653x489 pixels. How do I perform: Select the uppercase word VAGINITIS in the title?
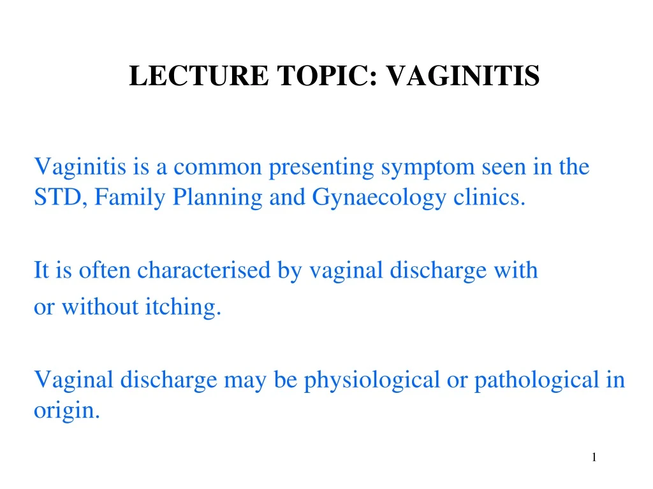[464, 76]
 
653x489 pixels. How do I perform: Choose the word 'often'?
[105, 271]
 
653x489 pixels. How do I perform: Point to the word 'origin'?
[65, 411]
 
